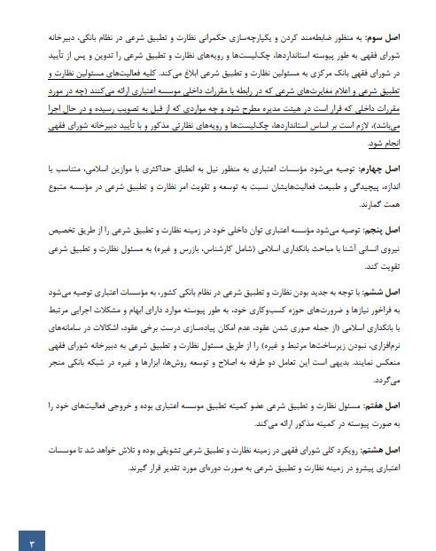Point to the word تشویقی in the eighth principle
[x=175, y=450]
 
